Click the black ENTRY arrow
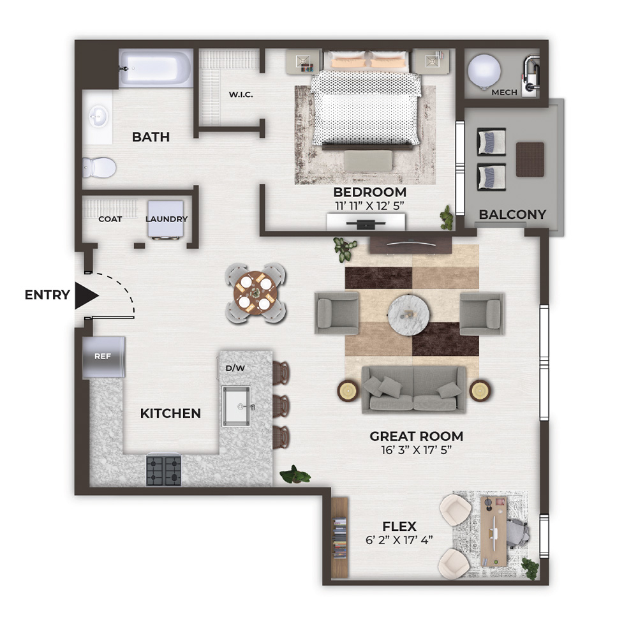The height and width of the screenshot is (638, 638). (86, 295)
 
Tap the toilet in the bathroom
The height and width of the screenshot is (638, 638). (99, 168)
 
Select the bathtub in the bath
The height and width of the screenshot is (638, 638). (156, 68)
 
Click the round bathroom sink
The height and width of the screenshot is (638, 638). (98, 116)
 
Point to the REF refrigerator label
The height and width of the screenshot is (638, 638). (103, 357)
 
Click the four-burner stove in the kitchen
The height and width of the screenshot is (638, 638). (163, 471)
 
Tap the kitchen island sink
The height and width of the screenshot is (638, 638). (236, 406)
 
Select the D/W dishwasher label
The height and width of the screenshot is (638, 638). (235, 368)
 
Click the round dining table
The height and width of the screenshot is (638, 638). (256, 293)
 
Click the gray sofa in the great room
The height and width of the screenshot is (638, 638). (413, 389)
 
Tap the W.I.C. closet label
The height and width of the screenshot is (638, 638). (241, 95)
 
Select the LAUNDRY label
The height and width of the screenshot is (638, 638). (167, 219)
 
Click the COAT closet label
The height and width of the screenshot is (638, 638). (110, 219)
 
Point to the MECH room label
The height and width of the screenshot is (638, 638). (504, 93)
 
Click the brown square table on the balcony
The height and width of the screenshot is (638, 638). (530, 159)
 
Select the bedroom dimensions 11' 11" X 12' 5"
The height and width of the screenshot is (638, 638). (370, 206)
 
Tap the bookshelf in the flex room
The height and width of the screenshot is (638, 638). (340, 537)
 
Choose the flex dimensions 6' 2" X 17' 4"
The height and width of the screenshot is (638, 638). (399, 540)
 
